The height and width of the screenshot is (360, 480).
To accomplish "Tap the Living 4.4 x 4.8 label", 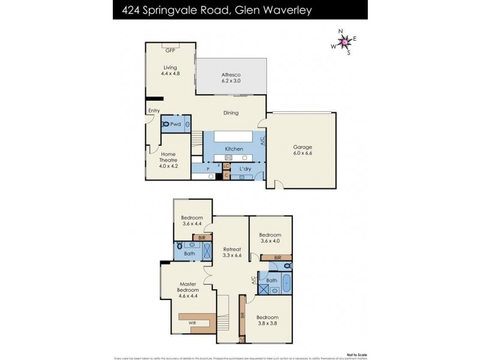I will click(x=170, y=70).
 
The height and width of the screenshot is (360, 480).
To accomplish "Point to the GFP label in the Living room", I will click(x=170, y=50).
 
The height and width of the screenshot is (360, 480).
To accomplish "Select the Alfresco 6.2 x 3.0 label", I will click(x=231, y=76).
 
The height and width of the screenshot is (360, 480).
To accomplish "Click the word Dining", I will click(x=231, y=113).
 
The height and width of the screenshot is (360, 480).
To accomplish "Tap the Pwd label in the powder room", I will click(x=176, y=124).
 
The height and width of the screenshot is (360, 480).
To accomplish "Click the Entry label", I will click(x=154, y=110).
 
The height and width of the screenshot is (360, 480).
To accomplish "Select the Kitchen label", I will click(x=233, y=149).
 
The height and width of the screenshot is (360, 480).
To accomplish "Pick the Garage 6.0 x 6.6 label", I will click(x=302, y=149).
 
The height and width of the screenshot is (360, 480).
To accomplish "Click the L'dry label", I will click(x=245, y=169).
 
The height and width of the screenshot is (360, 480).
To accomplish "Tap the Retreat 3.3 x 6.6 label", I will click(x=232, y=253).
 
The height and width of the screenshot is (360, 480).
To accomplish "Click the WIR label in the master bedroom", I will click(x=193, y=322).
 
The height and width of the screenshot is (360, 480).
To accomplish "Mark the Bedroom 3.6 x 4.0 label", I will click(x=270, y=238).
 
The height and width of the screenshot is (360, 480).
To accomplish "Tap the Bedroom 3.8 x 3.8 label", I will click(x=268, y=320).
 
